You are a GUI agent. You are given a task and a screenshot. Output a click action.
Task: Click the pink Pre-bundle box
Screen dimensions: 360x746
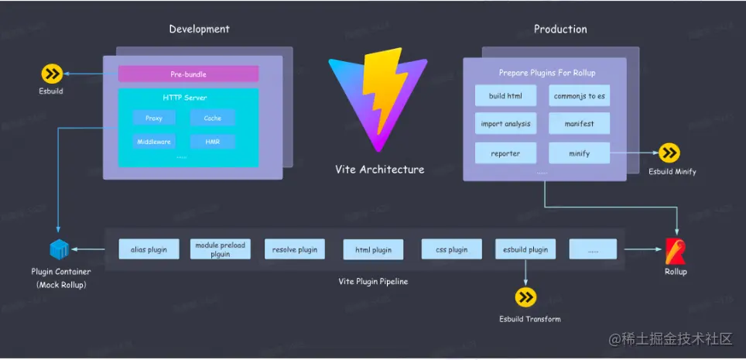click(188, 74)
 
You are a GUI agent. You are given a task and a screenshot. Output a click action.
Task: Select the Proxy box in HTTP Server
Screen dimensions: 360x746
click(153, 118)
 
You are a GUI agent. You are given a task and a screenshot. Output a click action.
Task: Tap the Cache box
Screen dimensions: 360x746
click(212, 118)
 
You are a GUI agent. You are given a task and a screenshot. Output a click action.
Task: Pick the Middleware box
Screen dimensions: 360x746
click(153, 142)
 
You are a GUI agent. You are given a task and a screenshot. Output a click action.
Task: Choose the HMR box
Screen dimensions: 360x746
click(212, 142)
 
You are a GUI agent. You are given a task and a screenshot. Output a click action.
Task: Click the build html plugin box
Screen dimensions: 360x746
click(506, 96)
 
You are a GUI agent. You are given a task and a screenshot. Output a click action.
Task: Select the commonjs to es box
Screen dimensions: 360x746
click(580, 96)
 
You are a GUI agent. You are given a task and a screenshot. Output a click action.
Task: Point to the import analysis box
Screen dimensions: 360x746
click(506, 123)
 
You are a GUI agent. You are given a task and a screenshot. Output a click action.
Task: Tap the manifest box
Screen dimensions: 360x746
click(580, 123)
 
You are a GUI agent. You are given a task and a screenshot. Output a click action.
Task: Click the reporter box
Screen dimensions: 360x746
click(506, 153)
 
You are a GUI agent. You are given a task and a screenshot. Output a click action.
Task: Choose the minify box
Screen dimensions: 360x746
click(580, 153)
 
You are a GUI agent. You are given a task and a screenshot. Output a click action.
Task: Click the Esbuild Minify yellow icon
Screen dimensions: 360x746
click(669, 153)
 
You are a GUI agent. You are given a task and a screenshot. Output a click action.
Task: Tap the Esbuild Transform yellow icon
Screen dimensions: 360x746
click(526, 297)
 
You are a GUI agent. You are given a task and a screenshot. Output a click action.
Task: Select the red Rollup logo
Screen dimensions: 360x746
click(675, 251)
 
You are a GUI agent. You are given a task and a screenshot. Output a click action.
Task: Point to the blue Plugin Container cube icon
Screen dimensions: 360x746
click(60, 250)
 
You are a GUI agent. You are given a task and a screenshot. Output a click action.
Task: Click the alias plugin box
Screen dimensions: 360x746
click(149, 249)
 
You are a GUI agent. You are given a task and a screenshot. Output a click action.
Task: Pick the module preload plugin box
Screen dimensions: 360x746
click(220, 249)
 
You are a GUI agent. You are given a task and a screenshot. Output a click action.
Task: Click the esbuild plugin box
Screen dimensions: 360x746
click(525, 249)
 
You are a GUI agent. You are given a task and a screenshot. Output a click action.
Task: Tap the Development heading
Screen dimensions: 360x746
click(199, 29)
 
